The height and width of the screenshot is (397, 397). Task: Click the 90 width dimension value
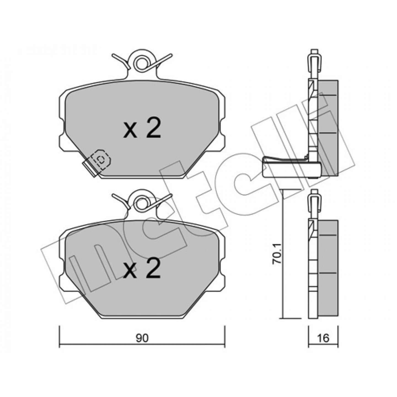142,338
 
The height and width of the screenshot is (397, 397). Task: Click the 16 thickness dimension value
323,338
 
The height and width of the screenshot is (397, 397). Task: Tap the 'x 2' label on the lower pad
142,269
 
